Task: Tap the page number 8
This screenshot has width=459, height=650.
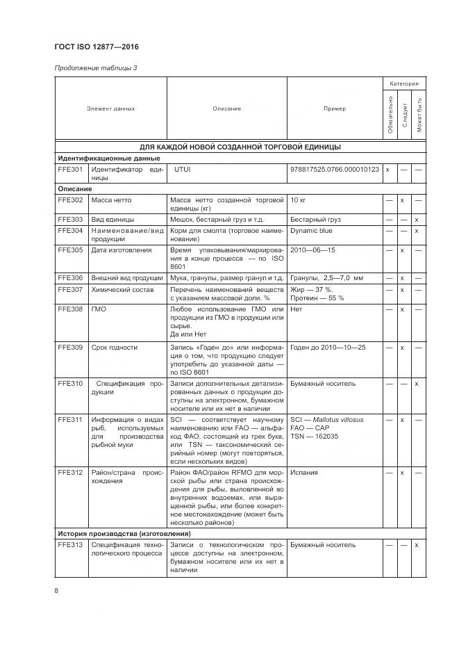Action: pos(56,590)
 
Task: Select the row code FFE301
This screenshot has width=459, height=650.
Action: pos(70,169)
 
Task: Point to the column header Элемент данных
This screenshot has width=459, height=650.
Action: pos(111,108)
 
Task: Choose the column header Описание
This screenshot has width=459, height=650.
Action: pos(227,108)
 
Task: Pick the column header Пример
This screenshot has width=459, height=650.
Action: pos(334,108)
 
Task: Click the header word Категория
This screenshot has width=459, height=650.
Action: pos(403,83)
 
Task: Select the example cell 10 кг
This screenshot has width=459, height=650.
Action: pos(298,200)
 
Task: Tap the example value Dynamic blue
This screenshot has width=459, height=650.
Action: pos(311,231)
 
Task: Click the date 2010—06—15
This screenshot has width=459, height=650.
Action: pos(312,250)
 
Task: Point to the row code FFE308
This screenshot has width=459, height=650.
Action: pos(70,309)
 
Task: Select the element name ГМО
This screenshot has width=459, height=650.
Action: pos(99,309)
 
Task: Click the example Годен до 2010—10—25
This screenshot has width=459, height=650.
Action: pos(328,347)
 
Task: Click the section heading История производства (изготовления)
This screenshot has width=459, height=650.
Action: pos(124,533)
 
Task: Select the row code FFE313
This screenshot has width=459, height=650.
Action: pos(70,544)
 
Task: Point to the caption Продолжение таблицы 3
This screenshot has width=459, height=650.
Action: pos(95,67)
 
